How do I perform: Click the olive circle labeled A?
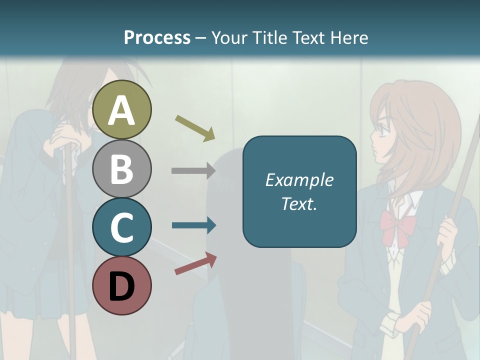click(122, 109)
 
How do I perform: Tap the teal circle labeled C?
click(122, 227)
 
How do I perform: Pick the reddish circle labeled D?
click(122, 285)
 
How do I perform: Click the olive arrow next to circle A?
click(195, 128)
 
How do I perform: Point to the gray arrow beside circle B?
click(193, 171)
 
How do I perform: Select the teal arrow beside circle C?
click(194, 225)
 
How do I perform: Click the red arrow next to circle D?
click(195, 264)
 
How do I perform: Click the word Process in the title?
click(157, 37)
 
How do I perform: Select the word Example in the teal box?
click(299, 180)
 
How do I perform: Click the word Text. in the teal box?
click(299, 204)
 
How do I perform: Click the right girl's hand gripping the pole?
click(447, 232)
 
